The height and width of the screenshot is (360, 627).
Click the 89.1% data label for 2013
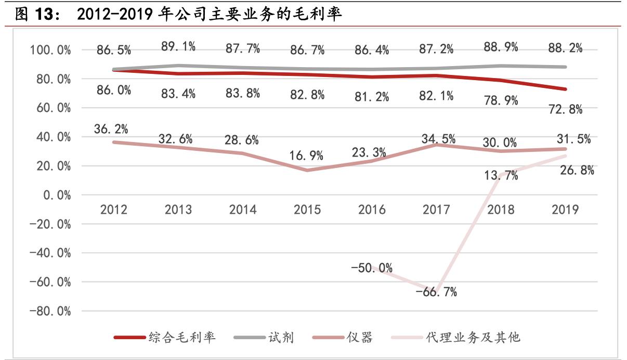(178, 47)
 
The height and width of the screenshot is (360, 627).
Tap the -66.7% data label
(436, 292)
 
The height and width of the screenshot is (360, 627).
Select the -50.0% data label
(371, 268)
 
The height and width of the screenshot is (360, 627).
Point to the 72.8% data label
(565, 109)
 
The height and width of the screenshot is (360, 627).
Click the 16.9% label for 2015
(307, 155)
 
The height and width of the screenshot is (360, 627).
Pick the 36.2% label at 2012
(111, 129)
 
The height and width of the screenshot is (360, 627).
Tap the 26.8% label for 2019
(577, 170)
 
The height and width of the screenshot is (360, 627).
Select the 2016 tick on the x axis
(372, 209)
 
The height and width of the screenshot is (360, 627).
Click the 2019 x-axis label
(565, 209)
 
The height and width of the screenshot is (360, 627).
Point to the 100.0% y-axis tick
(50, 50)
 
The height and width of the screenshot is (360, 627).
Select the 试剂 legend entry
(281, 338)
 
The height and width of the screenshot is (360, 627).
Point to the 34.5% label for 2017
(437, 139)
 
